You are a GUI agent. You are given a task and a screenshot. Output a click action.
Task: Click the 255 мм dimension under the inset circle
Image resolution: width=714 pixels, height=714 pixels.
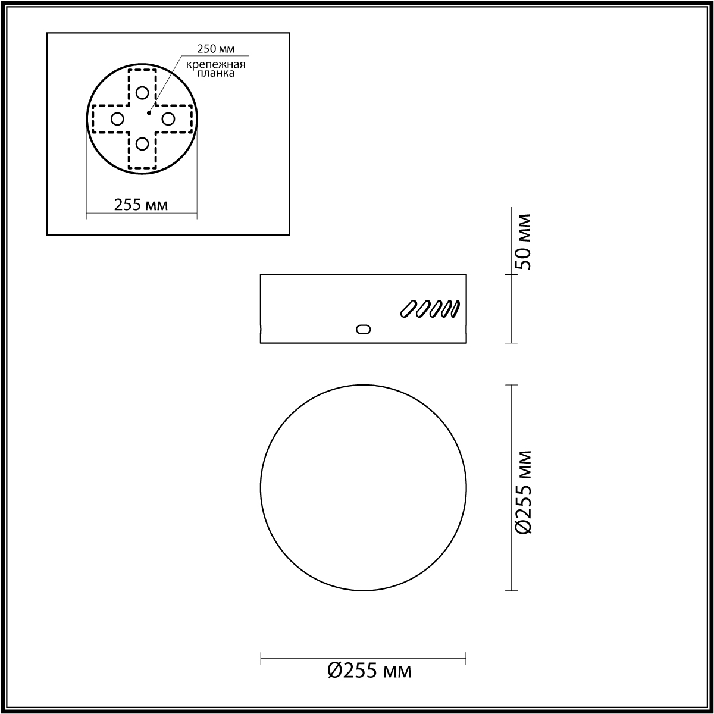(x=141, y=205)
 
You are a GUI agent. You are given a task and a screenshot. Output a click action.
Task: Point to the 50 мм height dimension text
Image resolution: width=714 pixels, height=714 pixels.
(x=522, y=241)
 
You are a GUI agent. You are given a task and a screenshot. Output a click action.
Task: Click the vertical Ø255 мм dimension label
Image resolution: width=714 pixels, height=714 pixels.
(x=522, y=493)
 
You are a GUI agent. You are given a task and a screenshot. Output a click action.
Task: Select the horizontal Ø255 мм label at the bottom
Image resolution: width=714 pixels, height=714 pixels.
(x=369, y=671)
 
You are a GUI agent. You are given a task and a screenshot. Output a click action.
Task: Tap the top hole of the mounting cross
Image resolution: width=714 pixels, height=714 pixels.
(x=142, y=93)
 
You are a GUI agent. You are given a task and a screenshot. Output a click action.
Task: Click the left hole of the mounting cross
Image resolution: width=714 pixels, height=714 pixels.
(x=117, y=119)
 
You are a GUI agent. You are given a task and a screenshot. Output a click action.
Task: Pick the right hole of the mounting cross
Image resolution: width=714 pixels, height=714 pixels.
(x=168, y=119)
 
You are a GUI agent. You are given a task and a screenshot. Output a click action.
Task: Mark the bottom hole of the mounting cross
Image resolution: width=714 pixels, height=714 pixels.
(x=142, y=143)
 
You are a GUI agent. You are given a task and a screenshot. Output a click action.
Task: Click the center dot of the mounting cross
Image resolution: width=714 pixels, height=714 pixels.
(x=148, y=112)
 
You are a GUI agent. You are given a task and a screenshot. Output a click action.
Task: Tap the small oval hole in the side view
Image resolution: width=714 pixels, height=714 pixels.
(x=362, y=329)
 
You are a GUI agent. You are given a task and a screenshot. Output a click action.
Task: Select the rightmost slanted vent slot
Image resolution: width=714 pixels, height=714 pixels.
(x=455, y=309)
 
